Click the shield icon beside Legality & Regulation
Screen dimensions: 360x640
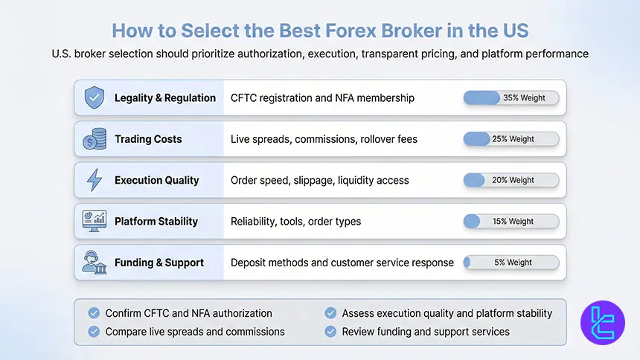pyautogui.click(x=94, y=97)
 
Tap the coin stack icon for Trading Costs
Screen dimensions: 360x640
pyautogui.click(x=94, y=139)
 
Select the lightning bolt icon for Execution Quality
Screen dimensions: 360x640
pyautogui.click(x=94, y=180)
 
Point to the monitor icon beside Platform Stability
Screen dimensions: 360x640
pyautogui.click(x=94, y=221)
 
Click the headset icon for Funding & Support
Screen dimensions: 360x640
pyautogui.click(x=94, y=262)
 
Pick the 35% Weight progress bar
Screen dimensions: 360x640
pyautogui.click(x=511, y=97)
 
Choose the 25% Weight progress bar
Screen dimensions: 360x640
pyautogui.click(x=511, y=139)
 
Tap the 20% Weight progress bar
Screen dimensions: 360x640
pyautogui.click(x=511, y=180)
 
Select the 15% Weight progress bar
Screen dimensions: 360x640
pyautogui.click(x=511, y=221)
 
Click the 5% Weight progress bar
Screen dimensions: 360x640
pyautogui.click(x=511, y=262)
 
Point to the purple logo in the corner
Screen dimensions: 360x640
pyautogui.click(x=603, y=323)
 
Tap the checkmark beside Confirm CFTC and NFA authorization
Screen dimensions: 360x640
pyautogui.click(x=94, y=313)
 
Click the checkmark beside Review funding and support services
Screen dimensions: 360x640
pyautogui.click(x=330, y=332)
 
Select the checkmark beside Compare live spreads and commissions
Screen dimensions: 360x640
pyautogui.click(x=94, y=332)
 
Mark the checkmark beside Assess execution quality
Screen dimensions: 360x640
pyautogui.click(x=330, y=313)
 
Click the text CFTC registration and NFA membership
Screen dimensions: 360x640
pyautogui.click(x=322, y=98)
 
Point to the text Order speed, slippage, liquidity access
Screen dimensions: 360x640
pyautogui.click(x=319, y=180)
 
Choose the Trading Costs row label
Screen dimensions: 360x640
pyautogui.click(x=148, y=139)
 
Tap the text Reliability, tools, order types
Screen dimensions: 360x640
pyautogui.click(x=295, y=221)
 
